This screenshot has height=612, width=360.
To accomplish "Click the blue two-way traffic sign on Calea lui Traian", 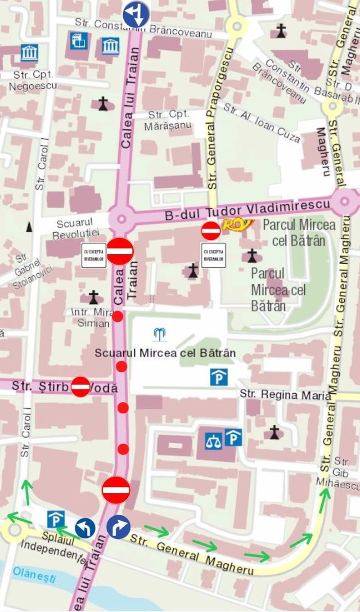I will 136,13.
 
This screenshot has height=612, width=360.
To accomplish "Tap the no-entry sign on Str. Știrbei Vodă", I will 81,387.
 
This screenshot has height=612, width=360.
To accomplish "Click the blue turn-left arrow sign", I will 85,528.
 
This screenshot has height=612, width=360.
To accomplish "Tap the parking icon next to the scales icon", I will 233,437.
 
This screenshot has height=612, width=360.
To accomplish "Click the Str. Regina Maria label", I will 285,395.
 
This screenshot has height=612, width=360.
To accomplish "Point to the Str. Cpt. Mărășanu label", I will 168,120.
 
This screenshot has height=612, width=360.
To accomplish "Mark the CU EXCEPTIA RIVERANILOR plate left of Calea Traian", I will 94,255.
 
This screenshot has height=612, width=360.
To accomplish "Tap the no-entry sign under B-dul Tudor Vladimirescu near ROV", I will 211,231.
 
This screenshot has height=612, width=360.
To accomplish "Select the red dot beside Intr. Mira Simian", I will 117,316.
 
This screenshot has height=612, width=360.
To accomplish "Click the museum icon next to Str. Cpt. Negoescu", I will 29,53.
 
